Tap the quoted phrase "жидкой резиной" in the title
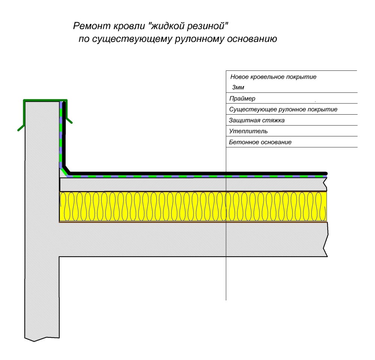pyautogui.click(x=188, y=26)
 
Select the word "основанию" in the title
pyautogui.click(x=252, y=39)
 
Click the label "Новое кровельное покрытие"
pyautogui.click(x=273, y=77)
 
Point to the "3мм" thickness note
pyautogui.click(x=238, y=87)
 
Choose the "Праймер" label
pyautogui.click(x=242, y=99)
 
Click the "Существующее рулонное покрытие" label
pyautogui.click(x=283, y=109)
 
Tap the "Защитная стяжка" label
pyautogui.click(x=256, y=120)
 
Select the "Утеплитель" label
pyautogui.click(x=248, y=131)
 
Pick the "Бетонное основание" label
pyautogui.click(x=260, y=142)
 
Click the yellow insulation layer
pyautogui.click(x=193, y=207)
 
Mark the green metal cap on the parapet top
pyautogui.click(x=45, y=100)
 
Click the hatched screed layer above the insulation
pyautogui.click(x=193, y=184)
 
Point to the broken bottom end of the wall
pyautogui.click(x=42, y=339)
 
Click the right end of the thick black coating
pyautogui.click(x=326, y=173)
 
